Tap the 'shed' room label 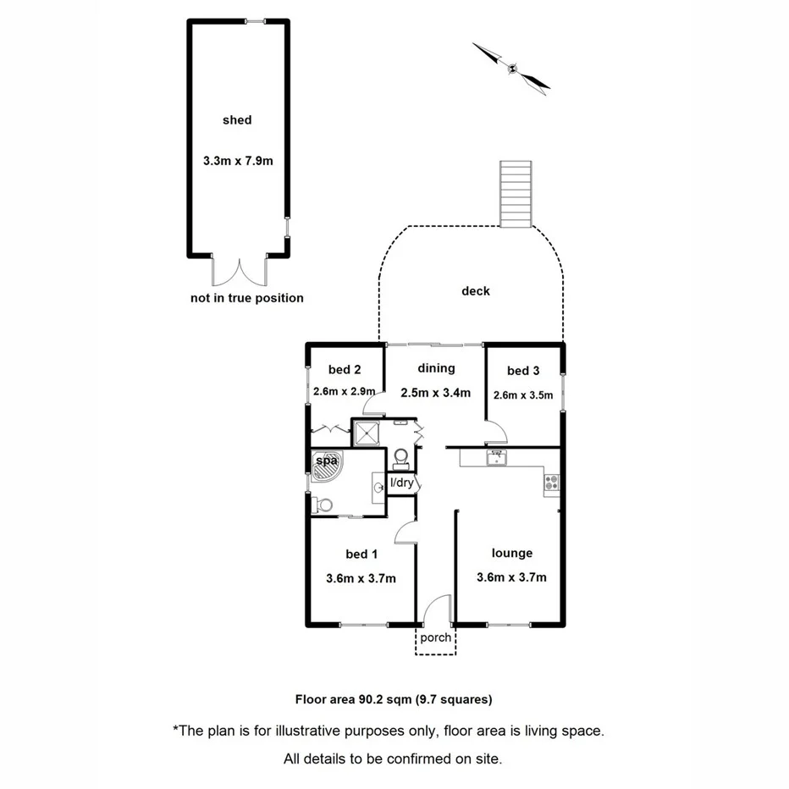point(237,120)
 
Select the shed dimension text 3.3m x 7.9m point(238,160)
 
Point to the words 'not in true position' point(247,298)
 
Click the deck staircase point(516,193)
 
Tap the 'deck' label point(476,291)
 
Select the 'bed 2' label point(345,369)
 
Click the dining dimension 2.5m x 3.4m point(436,392)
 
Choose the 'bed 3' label point(523,371)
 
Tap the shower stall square point(367,433)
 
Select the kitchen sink point(495,458)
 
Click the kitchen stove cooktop point(551,483)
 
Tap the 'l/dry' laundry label point(401,483)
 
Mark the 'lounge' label point(512,553)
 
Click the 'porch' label point(436,637)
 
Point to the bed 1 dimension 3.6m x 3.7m point(361,579)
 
